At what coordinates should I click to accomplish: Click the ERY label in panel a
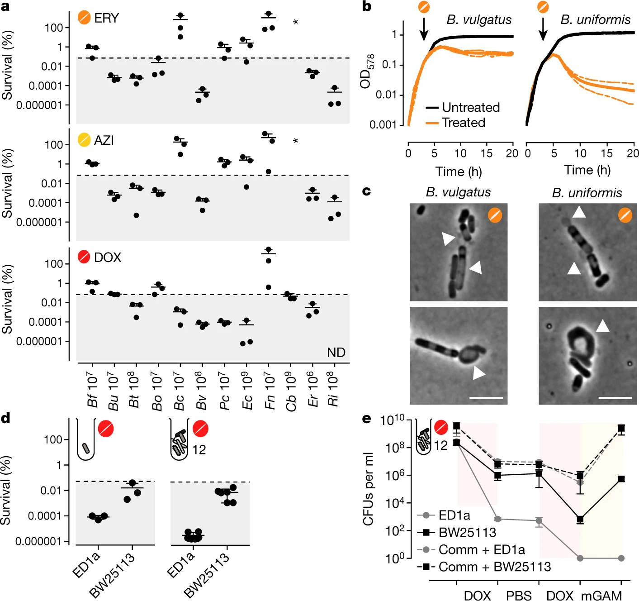coord(106,18)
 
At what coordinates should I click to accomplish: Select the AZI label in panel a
coord(104,140)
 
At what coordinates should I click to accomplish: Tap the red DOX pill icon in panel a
coord(84,257)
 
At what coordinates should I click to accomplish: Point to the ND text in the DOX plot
coord(336,353)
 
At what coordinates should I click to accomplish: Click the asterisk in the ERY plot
coord(295,23)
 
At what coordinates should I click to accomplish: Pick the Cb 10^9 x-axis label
coord(292,392)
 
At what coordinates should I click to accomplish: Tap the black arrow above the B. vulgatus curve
coord(424,29)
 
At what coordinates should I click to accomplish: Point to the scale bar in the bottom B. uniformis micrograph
coord(615,398)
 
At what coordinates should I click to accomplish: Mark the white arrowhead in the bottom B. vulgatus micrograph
coord(479,373)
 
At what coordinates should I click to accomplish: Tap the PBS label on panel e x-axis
coord(519,595)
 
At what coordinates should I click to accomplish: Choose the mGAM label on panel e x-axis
coord(601,595)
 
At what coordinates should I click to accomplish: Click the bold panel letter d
coord(6,418)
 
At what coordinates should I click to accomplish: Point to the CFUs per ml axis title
coord(368,489)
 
